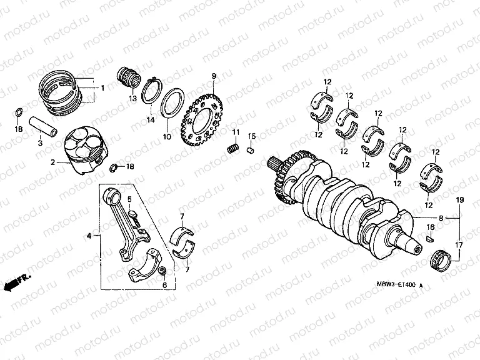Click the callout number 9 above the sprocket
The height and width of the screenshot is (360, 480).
pos(213,76)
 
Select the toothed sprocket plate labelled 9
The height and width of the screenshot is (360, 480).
pos(201,118)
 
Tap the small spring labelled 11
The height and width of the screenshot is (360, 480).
pos(232,148)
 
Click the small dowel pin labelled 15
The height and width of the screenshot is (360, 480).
pos(250,149)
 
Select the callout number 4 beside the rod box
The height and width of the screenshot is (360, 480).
pos(89,236)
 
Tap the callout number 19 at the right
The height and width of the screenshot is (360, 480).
pos(459,199)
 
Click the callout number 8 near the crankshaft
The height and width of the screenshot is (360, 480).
pos(441,219)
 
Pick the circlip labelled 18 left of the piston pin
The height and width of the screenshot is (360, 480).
pos(19,113)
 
